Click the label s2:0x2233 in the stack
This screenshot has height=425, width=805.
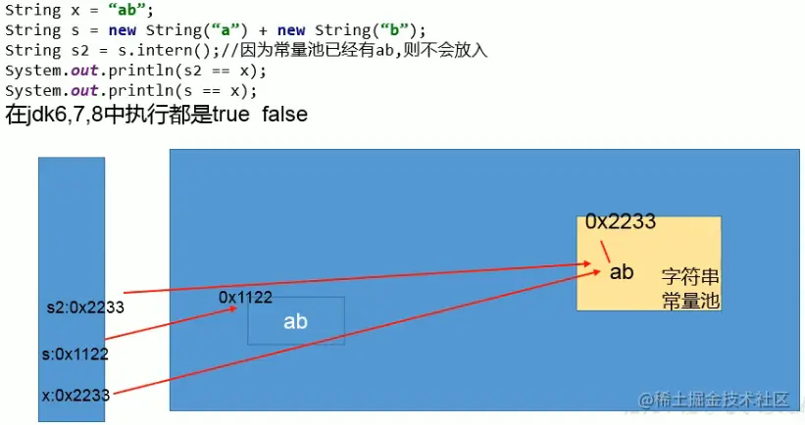pos(85,307)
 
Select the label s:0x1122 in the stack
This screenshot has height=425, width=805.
pos(75,354)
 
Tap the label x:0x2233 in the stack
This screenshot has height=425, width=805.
pos(75,396)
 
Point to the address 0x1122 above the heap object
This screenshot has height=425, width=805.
pos(245,297)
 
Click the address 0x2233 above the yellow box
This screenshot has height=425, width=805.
pos(620,222)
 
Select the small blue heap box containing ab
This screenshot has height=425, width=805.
pos(295,321)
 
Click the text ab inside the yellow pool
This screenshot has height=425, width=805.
pos(622,272)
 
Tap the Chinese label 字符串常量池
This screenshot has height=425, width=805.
pos(690,288)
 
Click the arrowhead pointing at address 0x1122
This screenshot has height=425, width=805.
pos(233,308)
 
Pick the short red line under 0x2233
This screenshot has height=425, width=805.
pos(594,249)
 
